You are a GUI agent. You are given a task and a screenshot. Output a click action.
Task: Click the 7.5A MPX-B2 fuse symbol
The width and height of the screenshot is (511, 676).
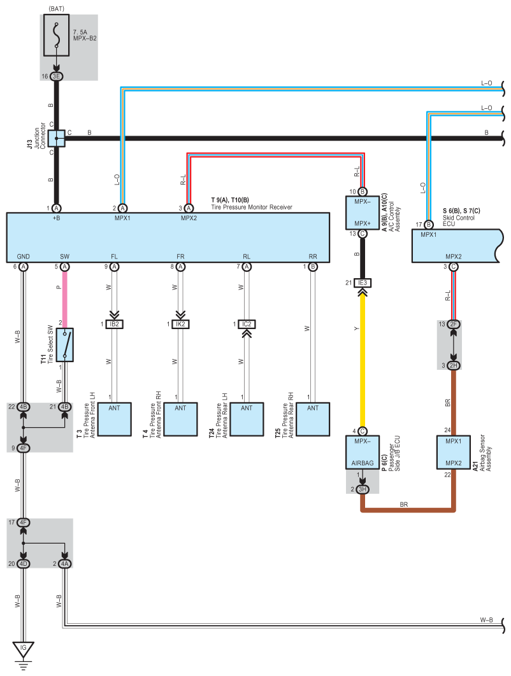[57, 37]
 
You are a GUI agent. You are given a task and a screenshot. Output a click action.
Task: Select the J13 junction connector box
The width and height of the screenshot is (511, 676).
[57, 137]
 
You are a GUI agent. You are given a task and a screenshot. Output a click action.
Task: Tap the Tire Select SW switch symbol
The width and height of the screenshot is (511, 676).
[65, 345]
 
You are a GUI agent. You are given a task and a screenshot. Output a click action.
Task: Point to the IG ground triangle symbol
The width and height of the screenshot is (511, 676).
[24, 649]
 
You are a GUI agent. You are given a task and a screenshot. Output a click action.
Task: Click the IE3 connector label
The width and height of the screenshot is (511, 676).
[363, 283]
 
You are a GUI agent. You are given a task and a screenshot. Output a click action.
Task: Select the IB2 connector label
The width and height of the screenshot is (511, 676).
[115, 324]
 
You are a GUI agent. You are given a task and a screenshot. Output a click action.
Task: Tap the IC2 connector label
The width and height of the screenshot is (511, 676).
[247, 324]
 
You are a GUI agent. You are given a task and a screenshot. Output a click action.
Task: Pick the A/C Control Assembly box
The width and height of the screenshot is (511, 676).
[362, 213]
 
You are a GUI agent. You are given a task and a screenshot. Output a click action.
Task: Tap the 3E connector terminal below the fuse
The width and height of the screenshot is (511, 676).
[57, 76]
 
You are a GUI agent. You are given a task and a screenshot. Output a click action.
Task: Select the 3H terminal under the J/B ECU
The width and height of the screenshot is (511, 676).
[363, 489]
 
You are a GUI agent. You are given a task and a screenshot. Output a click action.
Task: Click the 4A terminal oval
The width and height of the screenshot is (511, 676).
[65, 563]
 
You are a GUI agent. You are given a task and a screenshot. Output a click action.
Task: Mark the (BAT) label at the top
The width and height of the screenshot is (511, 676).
[57, 8]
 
